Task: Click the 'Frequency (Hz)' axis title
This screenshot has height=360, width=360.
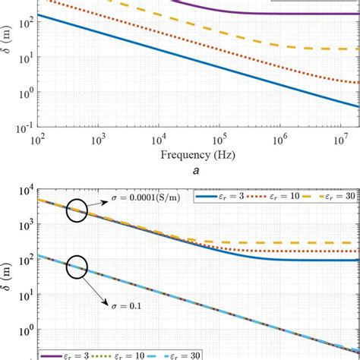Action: click(x=197, y=155)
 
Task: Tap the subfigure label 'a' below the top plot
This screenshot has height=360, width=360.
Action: click(x=197, y=172)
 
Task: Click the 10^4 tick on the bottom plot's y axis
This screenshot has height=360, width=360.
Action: click(x=21, y=190)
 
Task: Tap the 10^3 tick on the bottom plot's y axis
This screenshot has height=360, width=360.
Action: click(x=21, y=226)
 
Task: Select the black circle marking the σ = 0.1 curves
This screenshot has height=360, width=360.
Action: click(x=77, y=267)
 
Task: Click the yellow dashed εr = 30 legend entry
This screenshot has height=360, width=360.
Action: click(x=324, y=197)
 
